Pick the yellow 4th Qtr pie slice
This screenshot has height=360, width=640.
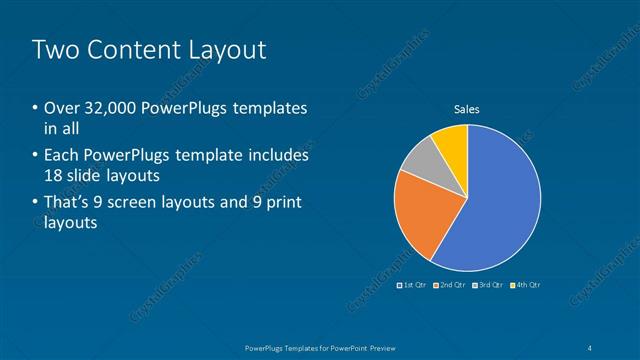pos(452,143)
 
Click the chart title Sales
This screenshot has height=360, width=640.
pos(467,109)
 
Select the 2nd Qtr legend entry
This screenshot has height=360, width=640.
pos(450,285)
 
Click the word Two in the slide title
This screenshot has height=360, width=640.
pos(56,50)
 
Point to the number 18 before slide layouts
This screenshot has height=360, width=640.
pos(55,175)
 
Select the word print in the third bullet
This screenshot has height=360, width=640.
pos(283,204)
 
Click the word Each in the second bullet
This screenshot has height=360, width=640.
pos(65,156)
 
